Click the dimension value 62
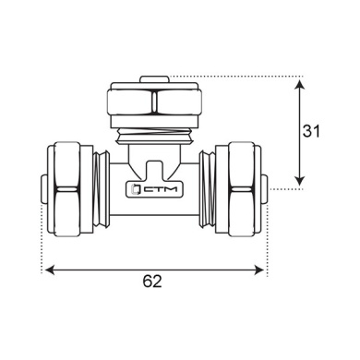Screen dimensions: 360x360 tap(152, 282)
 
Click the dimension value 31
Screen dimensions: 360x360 tap(311, 131)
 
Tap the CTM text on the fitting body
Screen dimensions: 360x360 tap(161, 189)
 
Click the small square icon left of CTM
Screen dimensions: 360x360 tap(135, 189)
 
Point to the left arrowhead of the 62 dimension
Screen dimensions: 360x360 tap(50, 270)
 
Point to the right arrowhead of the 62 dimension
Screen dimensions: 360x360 tap(259, 270)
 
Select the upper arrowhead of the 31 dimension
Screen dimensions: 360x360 tap(300, 84)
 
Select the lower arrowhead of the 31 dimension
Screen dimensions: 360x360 tap(300, 181)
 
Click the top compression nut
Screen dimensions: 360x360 tap(154, 102)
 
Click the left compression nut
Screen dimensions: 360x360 tap(70, 189)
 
